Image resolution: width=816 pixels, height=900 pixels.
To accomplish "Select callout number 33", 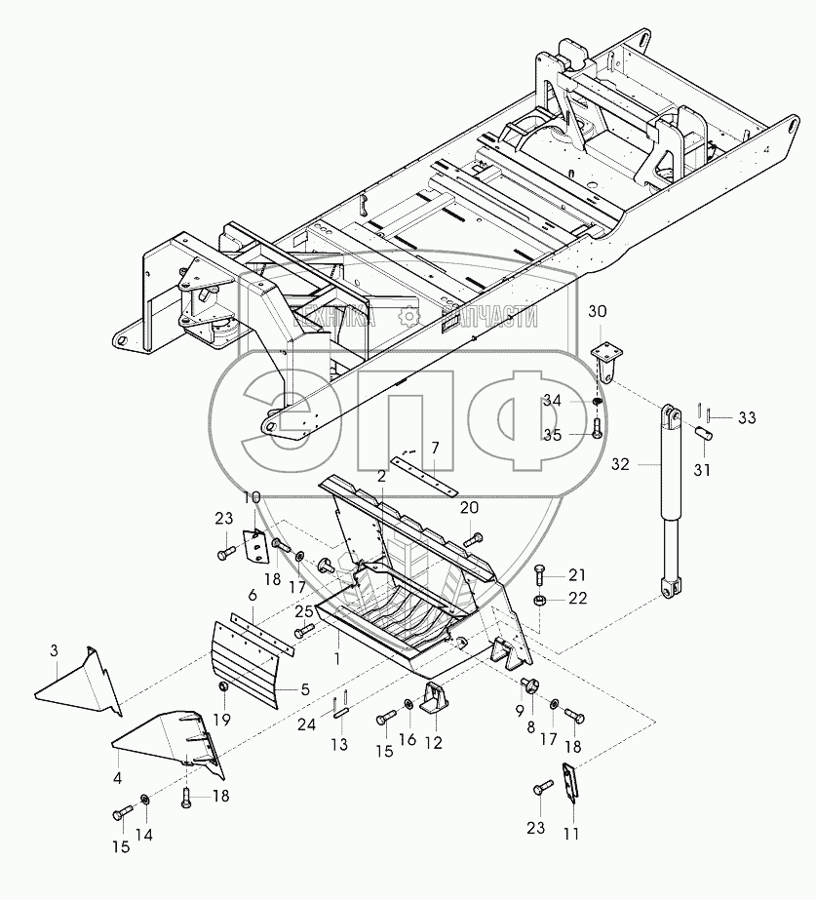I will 746,417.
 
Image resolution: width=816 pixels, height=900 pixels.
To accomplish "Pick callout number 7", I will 435,448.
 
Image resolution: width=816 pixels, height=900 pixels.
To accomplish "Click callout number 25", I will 304,611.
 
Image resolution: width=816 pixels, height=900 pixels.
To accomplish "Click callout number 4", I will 118,778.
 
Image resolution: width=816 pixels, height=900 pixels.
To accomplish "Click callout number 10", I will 252,497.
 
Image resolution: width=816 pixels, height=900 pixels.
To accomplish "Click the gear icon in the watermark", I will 409,315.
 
